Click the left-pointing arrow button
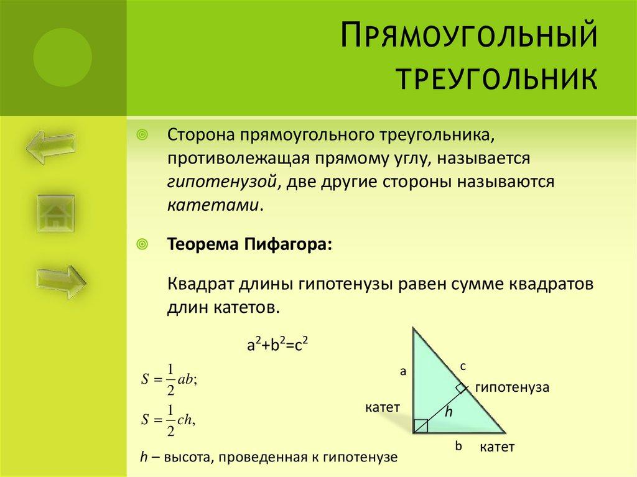[x=50, y=147]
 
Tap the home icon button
[x=55, y=215]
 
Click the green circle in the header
[x=62, y=57]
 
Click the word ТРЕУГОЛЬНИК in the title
[x=496, y=80]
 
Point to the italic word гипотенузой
[x=221, y=182]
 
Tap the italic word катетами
[x=212, y=206]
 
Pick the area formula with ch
[x=169, y=420]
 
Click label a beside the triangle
[x=402, y=371]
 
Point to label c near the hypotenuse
[x=463, y=367]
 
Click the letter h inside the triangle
[x=447, y=411]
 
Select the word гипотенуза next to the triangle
[x=512, y=387]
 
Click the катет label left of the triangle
[x=382, y=407]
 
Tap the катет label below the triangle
[x=497, y=447]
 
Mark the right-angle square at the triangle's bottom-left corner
[x=421, y=426]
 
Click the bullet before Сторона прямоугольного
[x=142, y=135]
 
